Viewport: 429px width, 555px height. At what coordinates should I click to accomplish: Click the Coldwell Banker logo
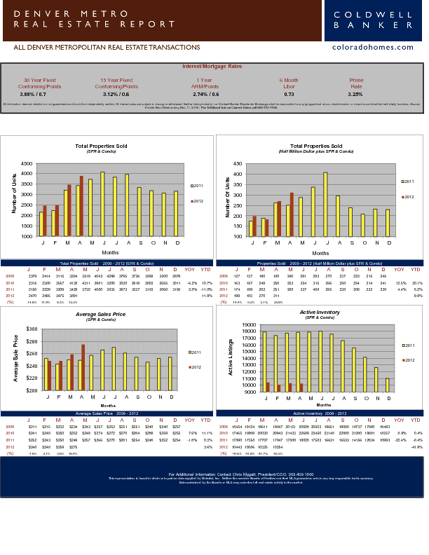(373, 20)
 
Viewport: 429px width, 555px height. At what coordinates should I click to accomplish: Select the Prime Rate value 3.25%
(355, 94)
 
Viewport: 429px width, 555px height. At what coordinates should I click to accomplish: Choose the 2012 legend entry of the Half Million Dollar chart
(407, 197)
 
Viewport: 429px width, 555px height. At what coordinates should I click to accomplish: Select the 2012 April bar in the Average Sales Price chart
(83, 366)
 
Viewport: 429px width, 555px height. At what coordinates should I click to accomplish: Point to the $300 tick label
(32, 329)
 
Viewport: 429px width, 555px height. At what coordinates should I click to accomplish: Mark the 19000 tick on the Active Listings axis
(247, 325)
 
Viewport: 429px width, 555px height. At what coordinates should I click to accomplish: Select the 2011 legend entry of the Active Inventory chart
(407, 345)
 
